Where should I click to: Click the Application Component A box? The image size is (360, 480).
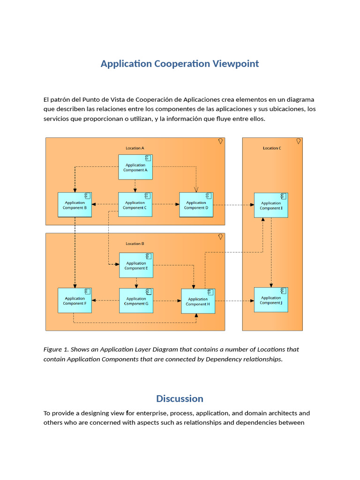click(135, 167)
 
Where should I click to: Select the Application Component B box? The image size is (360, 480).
click(75, 205)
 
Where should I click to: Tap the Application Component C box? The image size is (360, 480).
click(135, 205)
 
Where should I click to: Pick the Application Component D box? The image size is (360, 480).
click(196, 205)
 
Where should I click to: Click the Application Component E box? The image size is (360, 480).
click(136, 265)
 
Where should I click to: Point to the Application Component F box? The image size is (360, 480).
click(75, 301)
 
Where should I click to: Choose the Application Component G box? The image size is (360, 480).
click(136, 301)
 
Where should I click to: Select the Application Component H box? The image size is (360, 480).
click(198, 301)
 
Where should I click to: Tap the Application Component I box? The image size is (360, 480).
click(271, 205)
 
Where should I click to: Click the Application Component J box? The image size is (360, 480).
click(271, 300)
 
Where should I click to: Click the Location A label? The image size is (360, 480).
click(135, 148)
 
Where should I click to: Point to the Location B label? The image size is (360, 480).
click(135, 244)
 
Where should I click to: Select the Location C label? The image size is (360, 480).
click(272, 148)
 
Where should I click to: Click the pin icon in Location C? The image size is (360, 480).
click(298, 141)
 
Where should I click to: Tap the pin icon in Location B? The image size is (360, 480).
click(220, 237)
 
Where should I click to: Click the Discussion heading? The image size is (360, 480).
click(180, 398)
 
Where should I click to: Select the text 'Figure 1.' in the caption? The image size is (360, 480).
click(56, 349)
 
